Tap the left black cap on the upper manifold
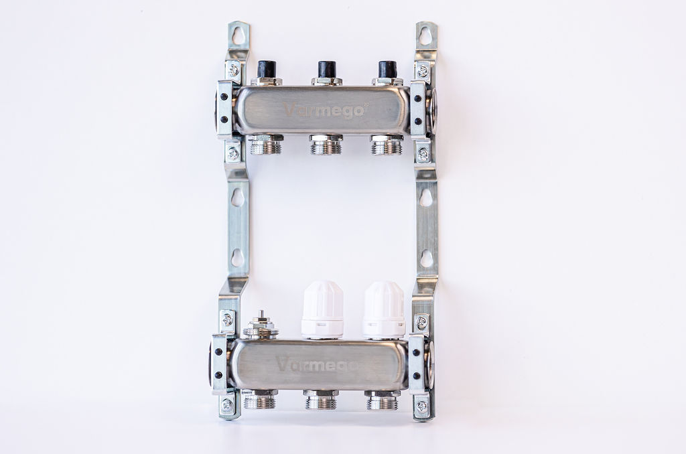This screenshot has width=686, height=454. click(266, 69)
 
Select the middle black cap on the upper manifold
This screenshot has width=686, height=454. click(326, 69)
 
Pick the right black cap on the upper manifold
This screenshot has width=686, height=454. click(387, 69)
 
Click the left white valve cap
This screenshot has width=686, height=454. click(322, 309)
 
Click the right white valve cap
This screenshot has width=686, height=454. click(384, 309)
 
